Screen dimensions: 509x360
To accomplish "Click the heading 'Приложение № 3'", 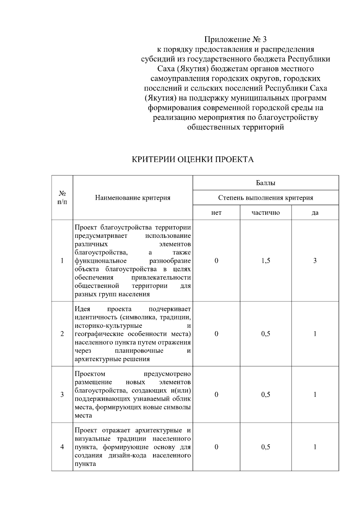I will coord(235,39).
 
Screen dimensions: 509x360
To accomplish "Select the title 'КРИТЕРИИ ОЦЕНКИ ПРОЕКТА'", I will coord(193,159).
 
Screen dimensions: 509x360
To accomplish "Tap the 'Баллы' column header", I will coord(265,183).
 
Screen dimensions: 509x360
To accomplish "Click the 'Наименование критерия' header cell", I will coord(133,198).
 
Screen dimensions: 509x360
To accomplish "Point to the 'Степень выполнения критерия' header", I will coord(265,198).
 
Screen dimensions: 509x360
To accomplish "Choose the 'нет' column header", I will coord(216,213).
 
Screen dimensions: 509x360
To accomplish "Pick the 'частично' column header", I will coord(265,213).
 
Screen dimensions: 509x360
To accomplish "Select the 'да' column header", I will coord(315,213).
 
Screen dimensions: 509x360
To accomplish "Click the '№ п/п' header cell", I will coord(62,198).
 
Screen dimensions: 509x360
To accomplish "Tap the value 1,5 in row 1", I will coord(265,261).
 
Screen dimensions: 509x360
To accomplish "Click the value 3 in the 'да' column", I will coord(315,261).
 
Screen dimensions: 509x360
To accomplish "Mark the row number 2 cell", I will coord(62,334).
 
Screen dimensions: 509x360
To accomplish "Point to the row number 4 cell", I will coord(62,447).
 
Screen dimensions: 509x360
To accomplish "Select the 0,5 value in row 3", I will coord(265,394).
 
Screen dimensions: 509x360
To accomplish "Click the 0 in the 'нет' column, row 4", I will coord(216,447).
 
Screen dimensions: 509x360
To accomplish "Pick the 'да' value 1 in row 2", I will coord(315,334).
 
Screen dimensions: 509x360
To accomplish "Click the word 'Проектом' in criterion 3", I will coord(90,374).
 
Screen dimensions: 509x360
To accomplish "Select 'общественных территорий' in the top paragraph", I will coord(235,127).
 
